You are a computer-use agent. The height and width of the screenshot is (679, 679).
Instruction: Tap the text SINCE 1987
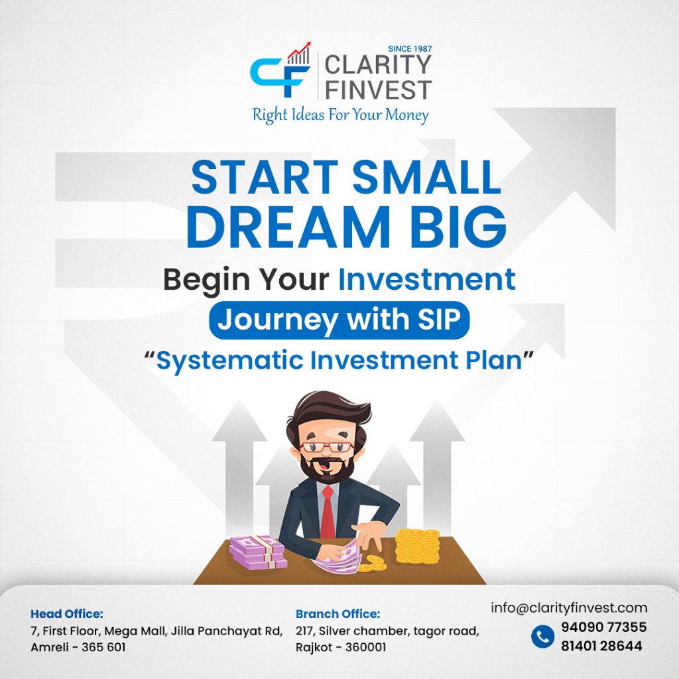click(410, 49)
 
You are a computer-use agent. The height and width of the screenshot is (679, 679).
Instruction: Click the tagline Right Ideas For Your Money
click(340, 115)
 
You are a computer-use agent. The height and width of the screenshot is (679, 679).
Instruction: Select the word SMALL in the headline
click(426, 178)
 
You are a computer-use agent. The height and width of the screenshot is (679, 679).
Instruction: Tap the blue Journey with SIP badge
click(339, 320)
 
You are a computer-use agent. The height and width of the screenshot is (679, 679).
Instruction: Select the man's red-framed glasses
click(326, 448)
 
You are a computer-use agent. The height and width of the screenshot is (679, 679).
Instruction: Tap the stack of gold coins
click(418, 546)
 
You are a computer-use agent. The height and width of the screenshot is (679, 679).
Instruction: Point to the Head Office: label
click(67, 613)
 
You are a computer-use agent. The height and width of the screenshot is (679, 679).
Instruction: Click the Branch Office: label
click(338, 613)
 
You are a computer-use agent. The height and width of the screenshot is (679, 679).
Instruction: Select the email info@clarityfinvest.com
click(569, 607)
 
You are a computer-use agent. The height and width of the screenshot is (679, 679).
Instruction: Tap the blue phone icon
click(542, 636)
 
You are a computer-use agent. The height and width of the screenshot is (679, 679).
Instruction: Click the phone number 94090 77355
click(603, 627)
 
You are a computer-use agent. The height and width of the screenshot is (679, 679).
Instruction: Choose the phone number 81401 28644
click(602, 646)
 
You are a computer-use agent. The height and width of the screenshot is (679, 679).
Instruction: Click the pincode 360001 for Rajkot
click(365, 647)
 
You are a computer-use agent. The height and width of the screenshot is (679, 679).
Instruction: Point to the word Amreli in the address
click(49, 647)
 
